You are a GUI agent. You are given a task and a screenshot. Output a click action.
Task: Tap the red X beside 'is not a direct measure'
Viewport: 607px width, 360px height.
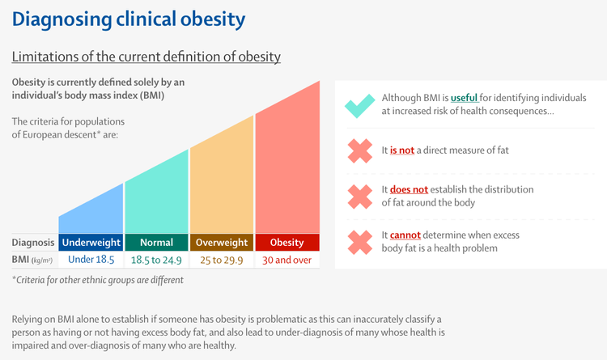point(360,151)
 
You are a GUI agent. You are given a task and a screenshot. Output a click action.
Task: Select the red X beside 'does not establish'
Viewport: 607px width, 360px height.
point(360,197)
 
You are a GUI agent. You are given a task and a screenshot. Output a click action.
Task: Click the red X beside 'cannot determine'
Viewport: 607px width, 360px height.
point(360,243)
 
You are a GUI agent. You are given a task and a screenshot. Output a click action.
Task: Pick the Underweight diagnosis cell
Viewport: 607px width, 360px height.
point(91,243)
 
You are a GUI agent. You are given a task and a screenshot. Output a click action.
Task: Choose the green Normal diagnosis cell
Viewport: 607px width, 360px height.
point(156,243)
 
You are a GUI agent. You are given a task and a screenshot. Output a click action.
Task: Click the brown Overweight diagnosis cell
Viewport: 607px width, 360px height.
point(222,243)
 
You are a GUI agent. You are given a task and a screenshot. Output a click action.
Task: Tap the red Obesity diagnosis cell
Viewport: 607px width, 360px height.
point(287,243)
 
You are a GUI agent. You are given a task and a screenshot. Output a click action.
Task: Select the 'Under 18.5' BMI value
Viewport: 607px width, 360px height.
point(91,260)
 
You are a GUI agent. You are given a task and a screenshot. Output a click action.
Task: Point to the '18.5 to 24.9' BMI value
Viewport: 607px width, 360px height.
point(156,260)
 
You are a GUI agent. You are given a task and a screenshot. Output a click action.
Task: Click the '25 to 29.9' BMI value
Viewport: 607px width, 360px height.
point(222,260)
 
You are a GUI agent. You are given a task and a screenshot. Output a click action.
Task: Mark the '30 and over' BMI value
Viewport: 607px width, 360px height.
point(287,260)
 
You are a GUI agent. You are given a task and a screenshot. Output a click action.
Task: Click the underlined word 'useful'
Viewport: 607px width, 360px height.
point(465,98)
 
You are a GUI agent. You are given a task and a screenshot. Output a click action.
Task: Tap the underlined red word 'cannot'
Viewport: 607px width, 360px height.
point(405,235)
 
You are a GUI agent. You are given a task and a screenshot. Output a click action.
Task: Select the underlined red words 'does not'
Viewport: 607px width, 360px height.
point(409,189)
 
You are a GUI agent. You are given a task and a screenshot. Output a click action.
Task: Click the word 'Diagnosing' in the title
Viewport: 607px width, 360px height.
point(62,19)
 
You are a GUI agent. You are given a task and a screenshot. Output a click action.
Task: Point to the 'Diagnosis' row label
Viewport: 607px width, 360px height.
point(33,243)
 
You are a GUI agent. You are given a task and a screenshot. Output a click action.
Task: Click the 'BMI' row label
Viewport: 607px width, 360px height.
point(20,260)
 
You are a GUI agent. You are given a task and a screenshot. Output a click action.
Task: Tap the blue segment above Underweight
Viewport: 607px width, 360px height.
point(91,211)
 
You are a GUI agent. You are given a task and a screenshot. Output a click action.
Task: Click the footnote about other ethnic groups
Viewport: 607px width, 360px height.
point(98,280)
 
